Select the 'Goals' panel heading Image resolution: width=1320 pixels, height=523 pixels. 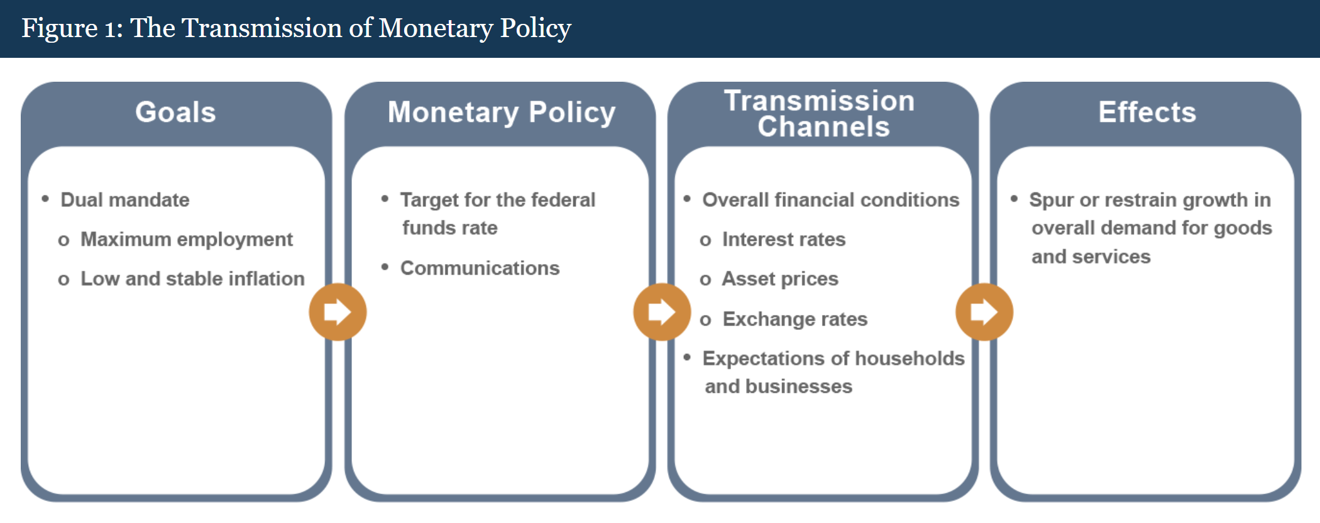176,113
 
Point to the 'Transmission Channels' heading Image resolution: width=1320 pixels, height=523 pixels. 820,114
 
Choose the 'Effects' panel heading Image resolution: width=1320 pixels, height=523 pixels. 1147,113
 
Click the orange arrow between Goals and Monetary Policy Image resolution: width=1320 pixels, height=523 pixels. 338,312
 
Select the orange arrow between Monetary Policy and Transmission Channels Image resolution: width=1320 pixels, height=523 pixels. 662,312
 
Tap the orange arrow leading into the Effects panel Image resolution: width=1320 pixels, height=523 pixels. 984,312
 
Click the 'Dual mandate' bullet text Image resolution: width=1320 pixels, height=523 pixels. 125,200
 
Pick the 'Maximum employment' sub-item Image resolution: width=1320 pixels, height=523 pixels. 187,239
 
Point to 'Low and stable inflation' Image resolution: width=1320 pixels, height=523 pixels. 192,278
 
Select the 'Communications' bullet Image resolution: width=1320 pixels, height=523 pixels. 480,268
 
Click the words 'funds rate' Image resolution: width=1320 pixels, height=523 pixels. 450,228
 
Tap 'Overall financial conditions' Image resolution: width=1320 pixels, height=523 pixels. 831,200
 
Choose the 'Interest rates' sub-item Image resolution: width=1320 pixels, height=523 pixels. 784,239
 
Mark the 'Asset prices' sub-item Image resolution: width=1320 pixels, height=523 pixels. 780,279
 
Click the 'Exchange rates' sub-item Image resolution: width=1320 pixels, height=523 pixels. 795,319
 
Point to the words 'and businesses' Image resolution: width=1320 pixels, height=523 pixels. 779,386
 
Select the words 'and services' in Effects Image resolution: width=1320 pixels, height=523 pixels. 1091,256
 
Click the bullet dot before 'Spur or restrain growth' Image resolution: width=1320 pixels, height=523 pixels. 1014,199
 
